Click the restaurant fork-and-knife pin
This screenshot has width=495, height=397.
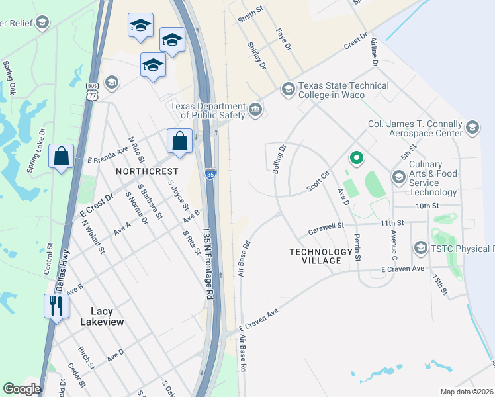(x=56, y=306)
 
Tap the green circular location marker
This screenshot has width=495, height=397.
(x=356, y=157)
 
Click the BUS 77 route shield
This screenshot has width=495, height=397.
(x=92, y=91)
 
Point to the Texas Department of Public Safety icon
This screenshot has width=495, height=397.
(x=255, y=109)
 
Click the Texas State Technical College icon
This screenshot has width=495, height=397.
(x=288, y=89)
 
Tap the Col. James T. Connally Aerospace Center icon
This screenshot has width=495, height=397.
(x=472, y=128)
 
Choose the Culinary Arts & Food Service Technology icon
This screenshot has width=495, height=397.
(x=398, y=177)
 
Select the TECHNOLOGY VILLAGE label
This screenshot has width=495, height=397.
(x=321, y=256)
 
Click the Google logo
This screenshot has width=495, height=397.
(x=22, y=389)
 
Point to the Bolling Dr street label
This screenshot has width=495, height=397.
(x=279, y=159)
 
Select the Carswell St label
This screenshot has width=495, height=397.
(x=327, y=229)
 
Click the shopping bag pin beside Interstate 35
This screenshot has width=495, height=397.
(x=179, y=140)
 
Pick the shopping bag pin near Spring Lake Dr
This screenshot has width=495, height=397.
(x=61, y=157)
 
